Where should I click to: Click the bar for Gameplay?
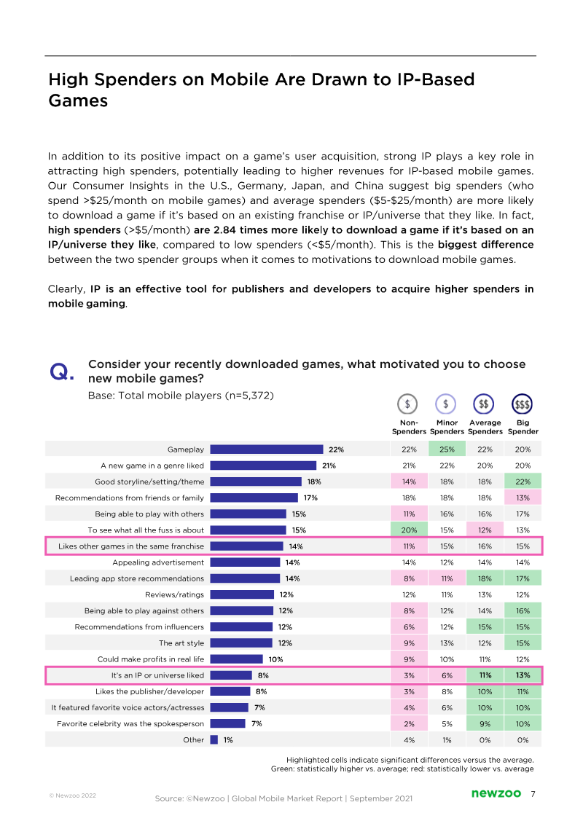267,449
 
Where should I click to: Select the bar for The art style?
241,643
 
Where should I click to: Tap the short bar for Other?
214,740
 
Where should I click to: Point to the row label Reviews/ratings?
175,594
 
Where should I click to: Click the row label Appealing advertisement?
158,562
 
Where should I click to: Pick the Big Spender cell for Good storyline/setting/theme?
523,482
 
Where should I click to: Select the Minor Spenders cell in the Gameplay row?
447,449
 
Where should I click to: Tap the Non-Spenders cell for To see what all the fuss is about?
409,530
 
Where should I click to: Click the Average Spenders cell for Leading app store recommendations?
485,578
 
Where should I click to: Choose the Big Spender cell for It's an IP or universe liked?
523,675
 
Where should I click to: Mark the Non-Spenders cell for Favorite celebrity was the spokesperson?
409,723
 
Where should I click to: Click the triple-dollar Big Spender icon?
523,404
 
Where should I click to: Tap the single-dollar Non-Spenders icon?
408,404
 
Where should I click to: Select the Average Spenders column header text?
485,427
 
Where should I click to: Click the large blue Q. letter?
61,372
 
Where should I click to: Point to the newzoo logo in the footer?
495,793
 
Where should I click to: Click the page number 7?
533,793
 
